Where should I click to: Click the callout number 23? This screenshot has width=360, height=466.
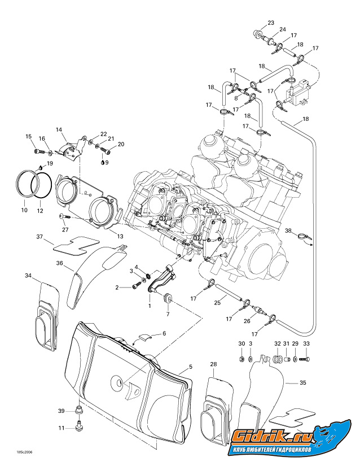click(271, 23)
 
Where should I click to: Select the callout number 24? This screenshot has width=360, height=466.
click(283, 29)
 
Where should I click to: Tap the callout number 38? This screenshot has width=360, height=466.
click(288, 230)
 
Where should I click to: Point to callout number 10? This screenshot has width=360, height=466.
click(24, 210)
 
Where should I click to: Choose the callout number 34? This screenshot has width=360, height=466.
click(28, 275)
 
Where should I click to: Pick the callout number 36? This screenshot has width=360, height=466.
click(59, 263)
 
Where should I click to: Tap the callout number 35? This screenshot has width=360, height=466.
click(303, 382)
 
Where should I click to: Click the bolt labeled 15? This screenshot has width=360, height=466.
click(38, 151)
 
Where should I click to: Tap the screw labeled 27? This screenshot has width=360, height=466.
click(62, 217)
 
